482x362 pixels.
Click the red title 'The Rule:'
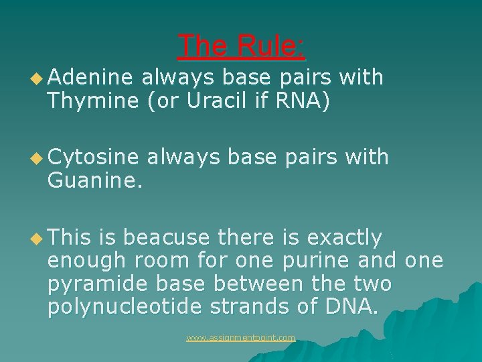click(242, 46)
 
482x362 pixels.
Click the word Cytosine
click(93, 157)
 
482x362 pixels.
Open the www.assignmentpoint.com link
click(241, 338)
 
